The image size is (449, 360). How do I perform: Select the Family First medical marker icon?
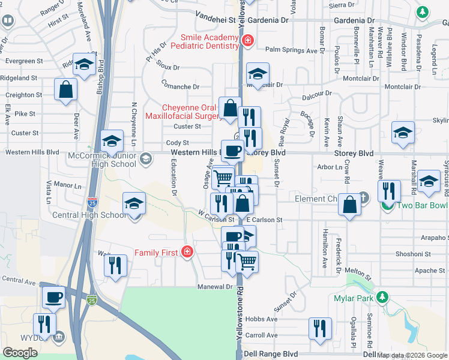[x=188, y=251]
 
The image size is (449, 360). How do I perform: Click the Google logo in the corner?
[x=20, y=352]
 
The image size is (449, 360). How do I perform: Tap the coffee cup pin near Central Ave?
[x=53, y=296]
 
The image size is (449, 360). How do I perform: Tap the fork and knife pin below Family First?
[x=115, y=265]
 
